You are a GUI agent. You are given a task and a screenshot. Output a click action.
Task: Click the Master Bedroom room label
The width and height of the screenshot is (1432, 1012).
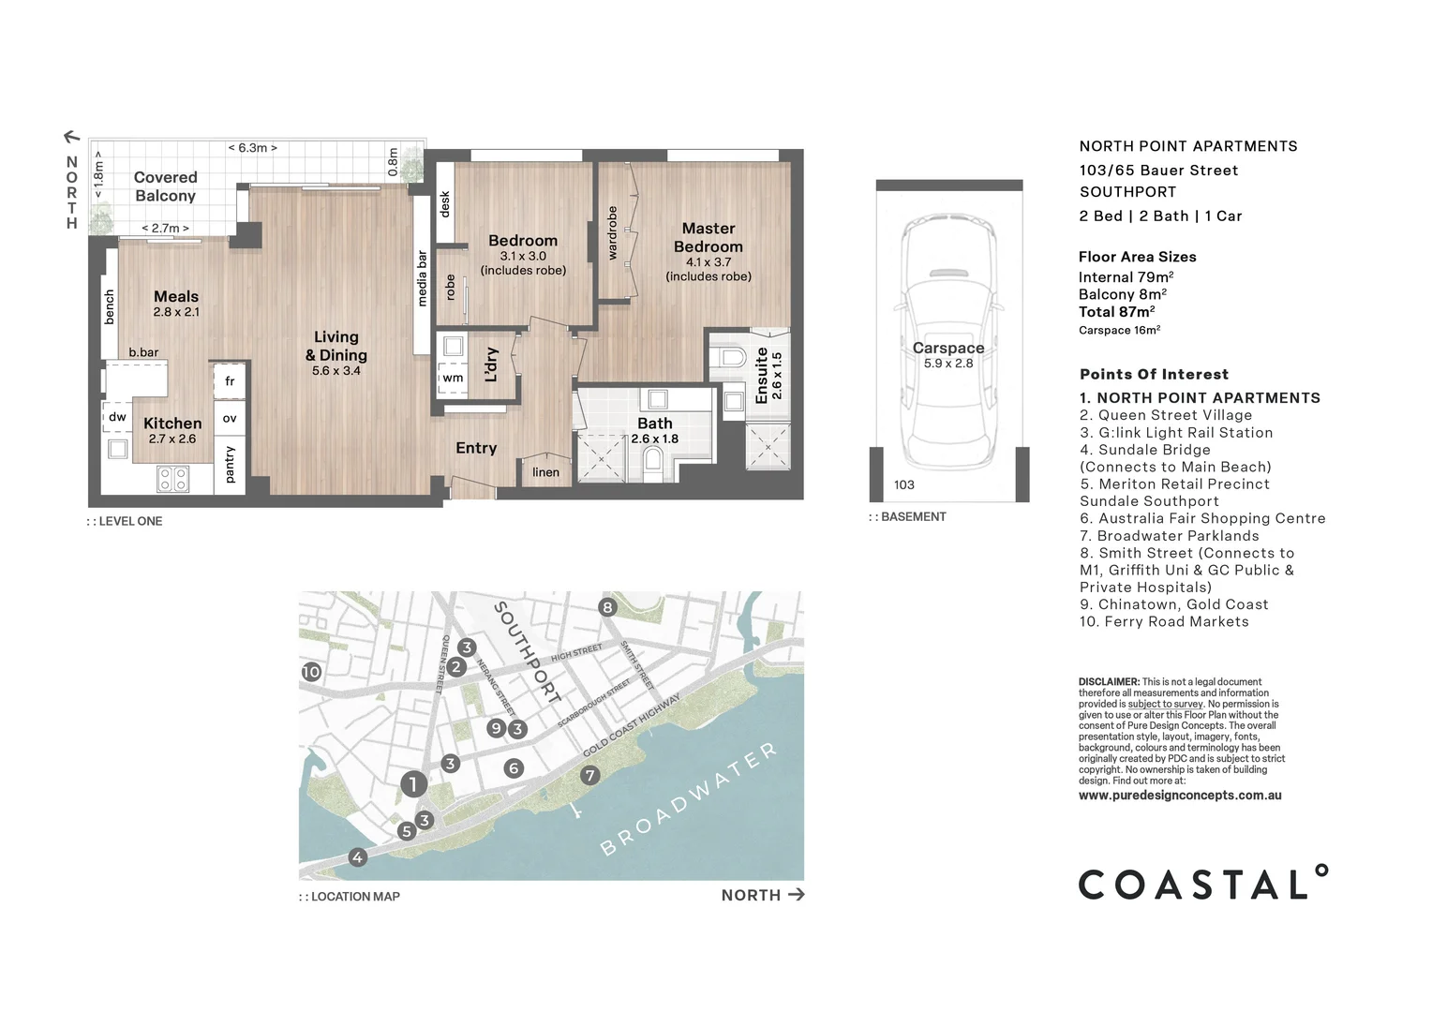[709, 238]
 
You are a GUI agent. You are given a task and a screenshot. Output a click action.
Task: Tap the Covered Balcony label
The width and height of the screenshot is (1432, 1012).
[165, 186]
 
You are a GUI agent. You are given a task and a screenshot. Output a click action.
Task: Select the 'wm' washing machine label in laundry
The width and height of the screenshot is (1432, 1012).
[453, 378]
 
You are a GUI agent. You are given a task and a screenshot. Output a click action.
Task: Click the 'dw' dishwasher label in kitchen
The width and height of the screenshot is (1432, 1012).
[117, 417]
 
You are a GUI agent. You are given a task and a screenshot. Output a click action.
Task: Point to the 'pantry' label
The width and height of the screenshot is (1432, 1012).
[231, 465]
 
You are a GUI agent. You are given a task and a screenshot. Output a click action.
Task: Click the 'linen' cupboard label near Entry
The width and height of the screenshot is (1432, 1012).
[545, 472]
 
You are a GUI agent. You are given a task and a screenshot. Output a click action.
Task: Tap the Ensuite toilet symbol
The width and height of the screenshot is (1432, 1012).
[729, 358]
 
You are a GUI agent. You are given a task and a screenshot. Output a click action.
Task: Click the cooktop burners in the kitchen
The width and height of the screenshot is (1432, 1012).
[173, 480]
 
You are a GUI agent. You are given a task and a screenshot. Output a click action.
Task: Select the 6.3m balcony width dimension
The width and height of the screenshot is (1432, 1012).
[253, 148]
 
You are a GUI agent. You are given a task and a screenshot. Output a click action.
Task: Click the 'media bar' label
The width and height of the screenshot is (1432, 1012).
[422, 278]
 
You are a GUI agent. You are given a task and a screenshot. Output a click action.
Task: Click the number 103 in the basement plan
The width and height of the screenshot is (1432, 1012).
[903, 484]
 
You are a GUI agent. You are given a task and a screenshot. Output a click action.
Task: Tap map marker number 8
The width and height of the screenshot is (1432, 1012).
[607, 607]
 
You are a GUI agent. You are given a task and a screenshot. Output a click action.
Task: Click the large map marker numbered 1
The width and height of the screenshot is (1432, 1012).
[413, 783]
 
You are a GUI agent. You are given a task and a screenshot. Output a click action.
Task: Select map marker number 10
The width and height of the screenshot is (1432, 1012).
[311, 672]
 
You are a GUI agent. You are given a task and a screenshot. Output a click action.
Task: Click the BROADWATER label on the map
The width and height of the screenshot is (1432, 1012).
[689, 799]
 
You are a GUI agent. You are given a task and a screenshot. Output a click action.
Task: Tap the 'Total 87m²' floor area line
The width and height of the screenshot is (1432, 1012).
[1116, 312]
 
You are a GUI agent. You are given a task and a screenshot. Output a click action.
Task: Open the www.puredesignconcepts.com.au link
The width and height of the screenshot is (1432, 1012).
[1180, 796]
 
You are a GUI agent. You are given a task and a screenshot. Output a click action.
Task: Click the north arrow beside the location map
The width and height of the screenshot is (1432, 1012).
[796, 895]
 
